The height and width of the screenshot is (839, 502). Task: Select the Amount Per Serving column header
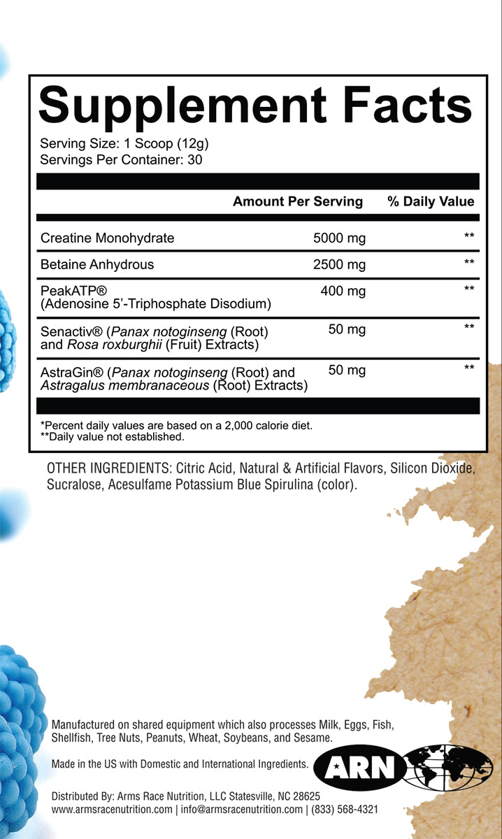(297, 201)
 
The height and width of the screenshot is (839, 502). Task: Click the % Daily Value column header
(431, 201)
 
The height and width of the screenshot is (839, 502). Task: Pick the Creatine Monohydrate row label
(107, 238)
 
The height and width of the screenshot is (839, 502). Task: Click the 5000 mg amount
(339, 238)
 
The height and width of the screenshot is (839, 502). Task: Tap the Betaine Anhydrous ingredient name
(97, 264)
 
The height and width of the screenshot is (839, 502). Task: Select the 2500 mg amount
(339, 264)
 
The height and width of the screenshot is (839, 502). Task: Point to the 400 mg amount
(343, 291)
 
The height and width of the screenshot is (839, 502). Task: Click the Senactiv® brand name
(71, 331)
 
